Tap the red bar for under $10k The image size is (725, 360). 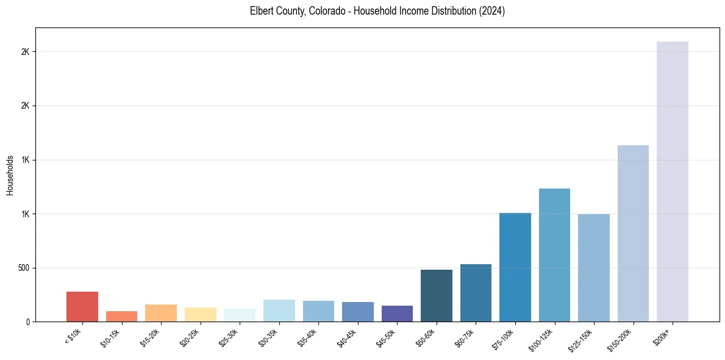82,306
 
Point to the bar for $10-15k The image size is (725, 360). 121,316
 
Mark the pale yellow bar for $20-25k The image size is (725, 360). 200,314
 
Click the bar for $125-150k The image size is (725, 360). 594,268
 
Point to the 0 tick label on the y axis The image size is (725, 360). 28,322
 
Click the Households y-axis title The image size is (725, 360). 10,175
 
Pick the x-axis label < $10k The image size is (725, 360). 73,337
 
